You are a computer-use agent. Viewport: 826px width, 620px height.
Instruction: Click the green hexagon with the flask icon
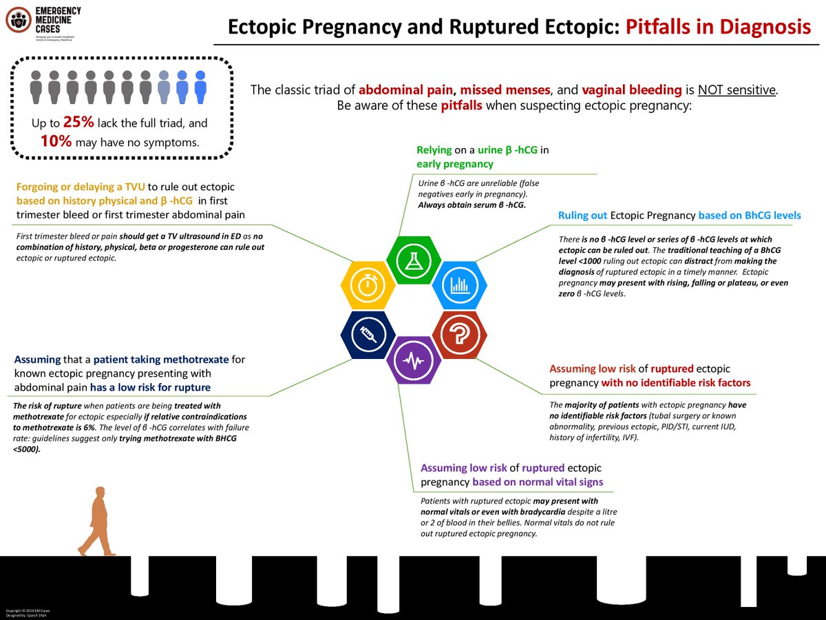[x=414, y=258]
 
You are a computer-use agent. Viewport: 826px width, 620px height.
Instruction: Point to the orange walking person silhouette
[x=96, y=520]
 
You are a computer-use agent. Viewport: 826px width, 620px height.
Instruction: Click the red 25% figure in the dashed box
[x=76, y=123]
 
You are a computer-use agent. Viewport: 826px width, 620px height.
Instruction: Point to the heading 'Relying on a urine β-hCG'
[x=482, y=149]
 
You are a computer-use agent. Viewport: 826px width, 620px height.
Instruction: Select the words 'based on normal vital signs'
[x=548, y=482]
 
